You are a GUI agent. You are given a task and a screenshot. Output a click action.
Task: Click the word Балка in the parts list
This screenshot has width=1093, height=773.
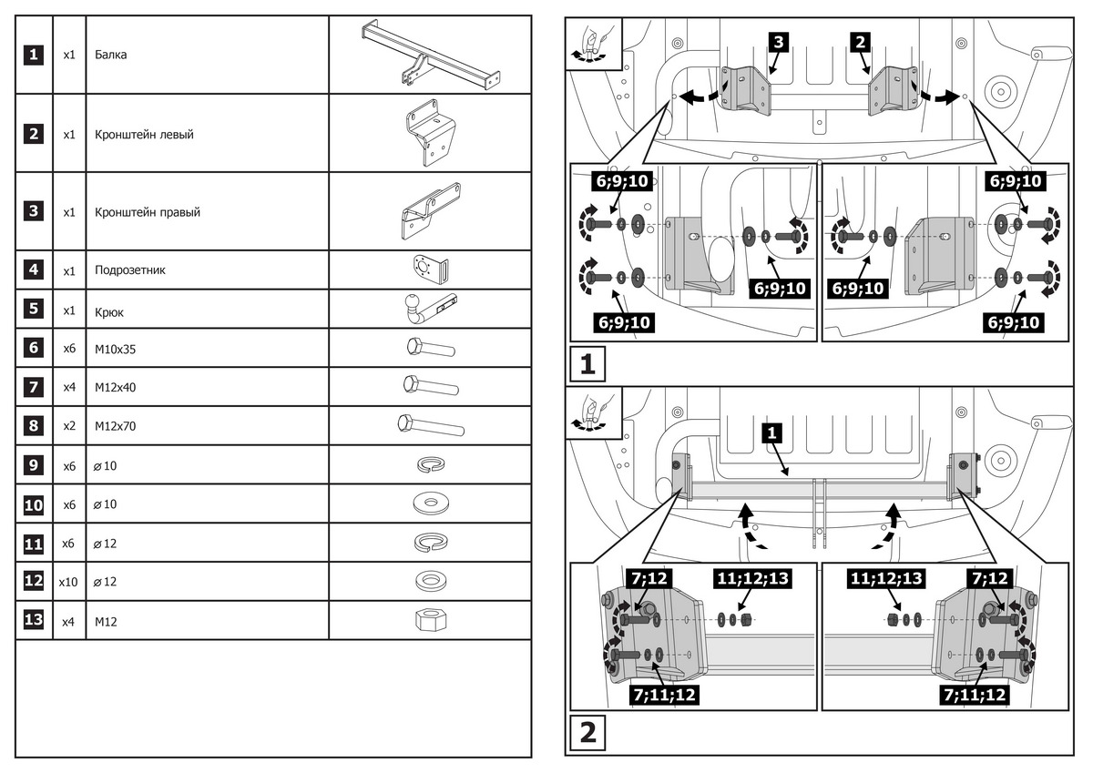tap(110, 55)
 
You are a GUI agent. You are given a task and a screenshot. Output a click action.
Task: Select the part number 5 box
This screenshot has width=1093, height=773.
tap(33, 309)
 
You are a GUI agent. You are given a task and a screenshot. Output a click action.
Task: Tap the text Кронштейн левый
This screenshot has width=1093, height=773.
tap(143, 134)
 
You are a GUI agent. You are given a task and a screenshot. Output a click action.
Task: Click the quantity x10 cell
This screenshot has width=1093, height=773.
tap(68, 581)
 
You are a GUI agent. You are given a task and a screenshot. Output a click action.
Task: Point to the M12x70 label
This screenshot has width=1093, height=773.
tap(115, 426)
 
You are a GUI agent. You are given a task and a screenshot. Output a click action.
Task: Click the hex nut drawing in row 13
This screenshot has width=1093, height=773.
tap(429, 622)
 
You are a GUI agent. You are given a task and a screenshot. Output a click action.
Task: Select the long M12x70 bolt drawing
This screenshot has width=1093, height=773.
tap(430, 425)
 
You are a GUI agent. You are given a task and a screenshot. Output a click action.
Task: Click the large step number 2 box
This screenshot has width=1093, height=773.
tap(588, 733)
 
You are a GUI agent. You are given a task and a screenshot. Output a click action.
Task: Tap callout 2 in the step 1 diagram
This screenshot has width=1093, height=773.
tap(861, 41)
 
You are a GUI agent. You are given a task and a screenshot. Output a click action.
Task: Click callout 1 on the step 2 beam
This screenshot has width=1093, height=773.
tap(772, 434)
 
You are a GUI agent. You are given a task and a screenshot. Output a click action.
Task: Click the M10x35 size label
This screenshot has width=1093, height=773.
tap(115, 348)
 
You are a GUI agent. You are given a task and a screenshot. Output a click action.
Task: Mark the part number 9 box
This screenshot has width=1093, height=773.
tap(33, 465)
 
